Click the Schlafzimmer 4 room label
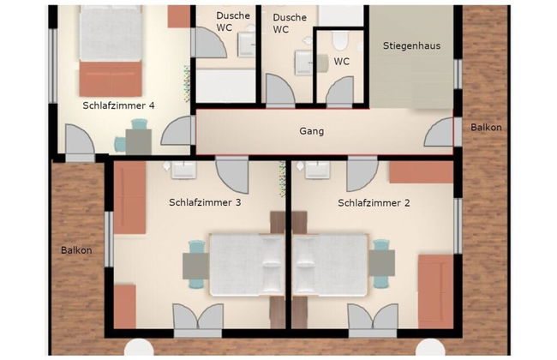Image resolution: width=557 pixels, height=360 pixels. click(118, 105)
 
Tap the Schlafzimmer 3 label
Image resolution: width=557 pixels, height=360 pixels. click(205, 202)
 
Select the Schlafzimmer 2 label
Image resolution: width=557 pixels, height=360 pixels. click(374, 203)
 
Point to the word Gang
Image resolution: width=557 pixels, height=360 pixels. click(312, 131)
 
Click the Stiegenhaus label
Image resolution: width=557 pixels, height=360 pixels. click(411, 45)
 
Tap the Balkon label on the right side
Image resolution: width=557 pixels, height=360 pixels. click(486, 127)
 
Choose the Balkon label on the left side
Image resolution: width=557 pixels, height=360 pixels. click(76, 250)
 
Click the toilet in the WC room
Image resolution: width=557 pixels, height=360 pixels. click(340, 40)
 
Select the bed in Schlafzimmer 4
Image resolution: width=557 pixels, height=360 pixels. click(111, 51)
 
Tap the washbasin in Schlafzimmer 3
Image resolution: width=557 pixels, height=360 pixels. click(183, 170)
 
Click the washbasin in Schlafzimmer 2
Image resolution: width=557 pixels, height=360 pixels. click(317, 170)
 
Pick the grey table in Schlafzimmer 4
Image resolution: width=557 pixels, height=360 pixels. click(139, 141)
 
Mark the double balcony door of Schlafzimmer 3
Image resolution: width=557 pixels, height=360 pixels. click(198, 320)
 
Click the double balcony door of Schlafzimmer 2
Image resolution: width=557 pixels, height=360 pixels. click(373, 320)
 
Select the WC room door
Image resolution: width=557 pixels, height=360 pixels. click(339, 92)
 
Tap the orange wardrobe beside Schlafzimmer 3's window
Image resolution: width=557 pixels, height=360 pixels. click(129, 198)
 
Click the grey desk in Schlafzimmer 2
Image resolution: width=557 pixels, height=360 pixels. click(381, 263)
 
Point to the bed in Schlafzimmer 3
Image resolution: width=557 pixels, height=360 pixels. click(248, 265)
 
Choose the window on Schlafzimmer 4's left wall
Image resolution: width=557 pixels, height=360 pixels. click(52, 66)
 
